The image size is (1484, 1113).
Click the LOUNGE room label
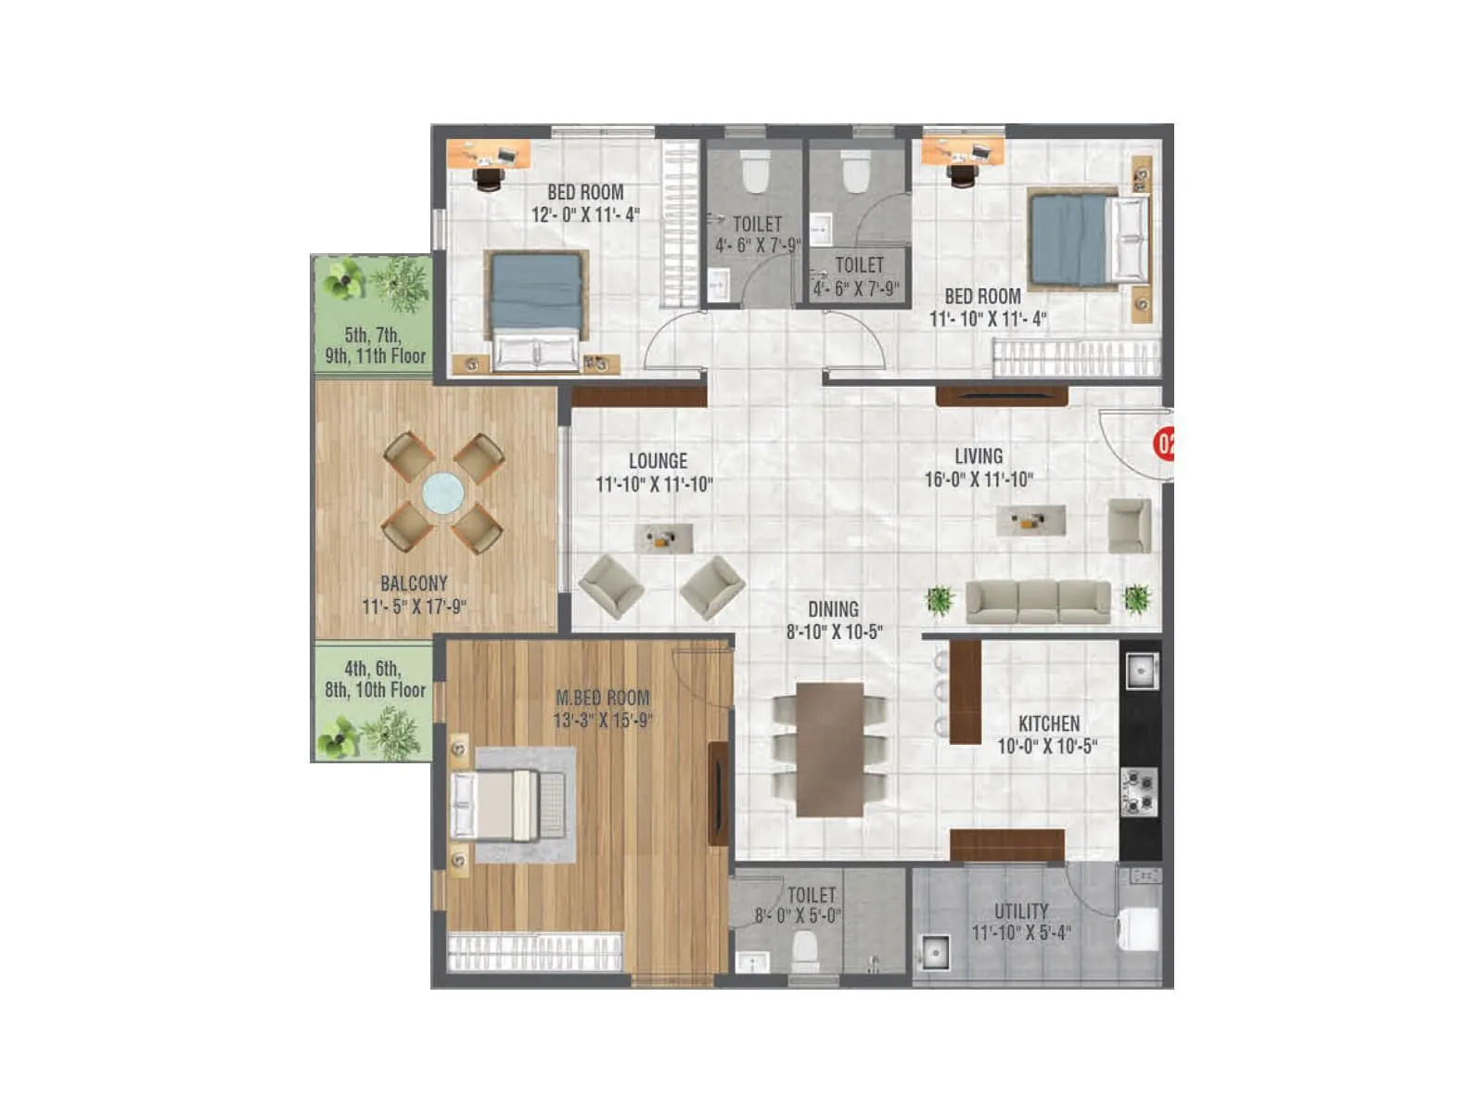point(658,461)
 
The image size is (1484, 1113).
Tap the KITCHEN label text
point(1049,723)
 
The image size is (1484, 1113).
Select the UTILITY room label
point(1021,912)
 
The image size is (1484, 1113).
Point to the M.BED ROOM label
point(603,697)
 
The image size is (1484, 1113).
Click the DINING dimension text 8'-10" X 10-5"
point(834,633)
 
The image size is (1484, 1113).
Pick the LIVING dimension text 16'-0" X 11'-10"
point(979,480)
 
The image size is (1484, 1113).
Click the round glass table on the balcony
point(442,493)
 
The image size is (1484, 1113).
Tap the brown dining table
point(830,749)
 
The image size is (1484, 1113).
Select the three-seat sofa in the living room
point(1038,601)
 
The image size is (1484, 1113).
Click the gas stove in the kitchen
point(1139,790)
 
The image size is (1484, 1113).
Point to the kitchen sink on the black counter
point(1140,669)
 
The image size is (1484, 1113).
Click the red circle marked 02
point(1164,443)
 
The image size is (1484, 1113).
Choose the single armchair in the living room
point(1130,525)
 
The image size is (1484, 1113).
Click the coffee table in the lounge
point(663,538)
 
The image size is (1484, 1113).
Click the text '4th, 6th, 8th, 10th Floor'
point(375,679)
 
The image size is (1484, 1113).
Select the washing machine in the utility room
point(1138,928)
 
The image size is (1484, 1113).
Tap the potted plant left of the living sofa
point(940,600)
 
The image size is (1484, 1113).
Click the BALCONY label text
point(414,583)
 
